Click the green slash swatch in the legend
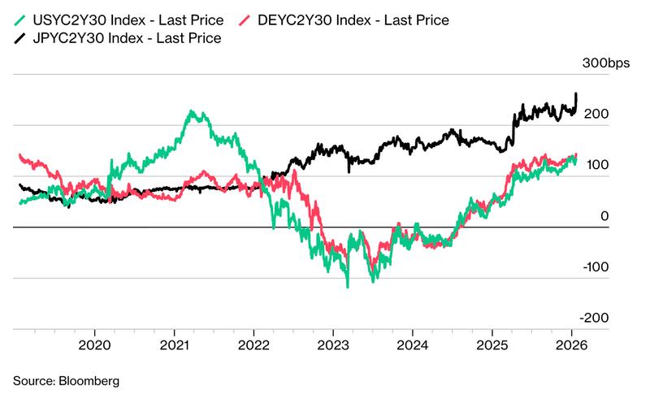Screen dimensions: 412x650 20,19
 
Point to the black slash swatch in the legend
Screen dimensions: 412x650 20,37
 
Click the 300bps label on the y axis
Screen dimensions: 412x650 607,63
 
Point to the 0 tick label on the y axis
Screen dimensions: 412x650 603,216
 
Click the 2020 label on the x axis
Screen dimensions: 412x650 94,344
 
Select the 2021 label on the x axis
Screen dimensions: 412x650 174,344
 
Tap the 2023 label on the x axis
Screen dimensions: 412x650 333,344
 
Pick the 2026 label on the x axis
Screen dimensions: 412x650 571,344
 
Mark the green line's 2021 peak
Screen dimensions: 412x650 192,112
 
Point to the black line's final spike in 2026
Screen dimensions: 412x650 576,94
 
